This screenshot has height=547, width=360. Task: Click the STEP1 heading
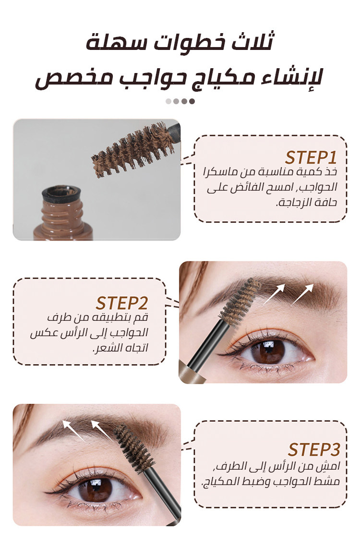311,158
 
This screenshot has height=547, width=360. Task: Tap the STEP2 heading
122,303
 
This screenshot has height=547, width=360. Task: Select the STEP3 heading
314,450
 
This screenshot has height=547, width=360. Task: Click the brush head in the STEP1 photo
132,150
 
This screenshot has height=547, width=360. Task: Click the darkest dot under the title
192,101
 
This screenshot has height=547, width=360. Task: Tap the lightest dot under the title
168,101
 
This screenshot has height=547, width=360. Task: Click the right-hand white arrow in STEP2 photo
302,295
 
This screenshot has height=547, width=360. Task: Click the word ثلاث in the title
254,41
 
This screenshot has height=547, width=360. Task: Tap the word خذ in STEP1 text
331,171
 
